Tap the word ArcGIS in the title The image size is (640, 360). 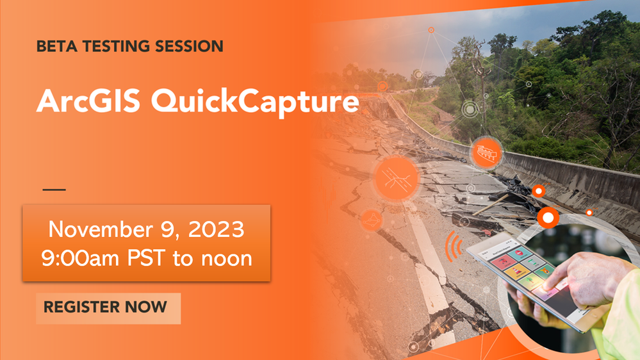pyautogui.click(x=88, y=101)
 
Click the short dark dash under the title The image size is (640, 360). pyautogui.click(x=54, y=190)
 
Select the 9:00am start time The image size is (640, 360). pyautogui.click(x=81, y=258)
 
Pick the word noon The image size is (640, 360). pyautogui.click(x=227, y=259)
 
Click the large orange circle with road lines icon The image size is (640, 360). pyautogui.click(x=397, y=178)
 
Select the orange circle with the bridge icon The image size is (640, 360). pyautogui.click(x=486, y=152)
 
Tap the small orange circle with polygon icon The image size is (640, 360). pyautogui.click(x=372, y=220)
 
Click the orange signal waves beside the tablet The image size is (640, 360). pyautogui.click(x=454, y=247)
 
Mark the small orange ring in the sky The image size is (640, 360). pyautogui.click(x=431, y=30)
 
